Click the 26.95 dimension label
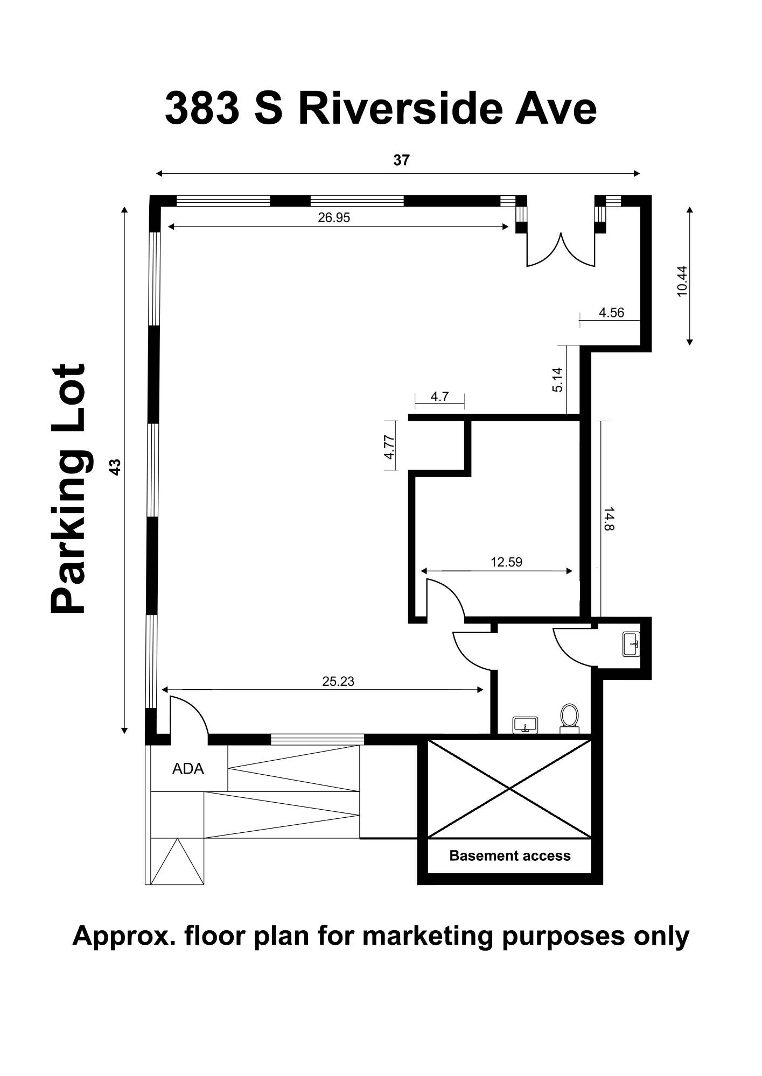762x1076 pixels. click(334, 217)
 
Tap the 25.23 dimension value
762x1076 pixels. click(338, 682)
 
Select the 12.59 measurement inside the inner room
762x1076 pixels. click(506, 562)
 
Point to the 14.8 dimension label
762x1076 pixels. click(609, 519)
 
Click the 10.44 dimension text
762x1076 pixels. click(682, 281)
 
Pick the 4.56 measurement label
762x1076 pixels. click(612, 313)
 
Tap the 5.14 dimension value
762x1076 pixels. click(557, 379)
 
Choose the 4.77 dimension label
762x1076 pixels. click(389, 447)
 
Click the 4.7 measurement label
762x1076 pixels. click(440, 397)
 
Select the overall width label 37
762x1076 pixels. click(401, 160)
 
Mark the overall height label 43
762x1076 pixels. click(115, 466)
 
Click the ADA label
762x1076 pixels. click(188, 769)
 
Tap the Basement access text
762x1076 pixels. click(510, 855)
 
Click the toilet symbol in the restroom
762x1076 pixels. click(569, 719)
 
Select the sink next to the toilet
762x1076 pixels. click(526, 725)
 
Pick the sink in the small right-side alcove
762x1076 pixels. click(632, 644)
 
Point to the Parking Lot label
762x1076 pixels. click(68, 489)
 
